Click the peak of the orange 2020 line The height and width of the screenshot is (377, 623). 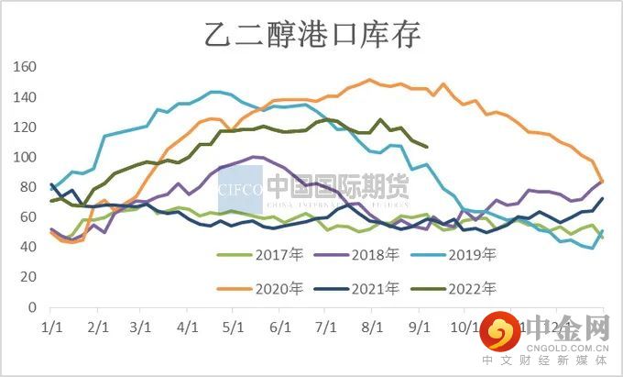click(369, 80)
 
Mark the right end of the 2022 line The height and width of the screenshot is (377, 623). click(426, 147)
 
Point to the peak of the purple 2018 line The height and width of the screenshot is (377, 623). click(255, 157)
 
